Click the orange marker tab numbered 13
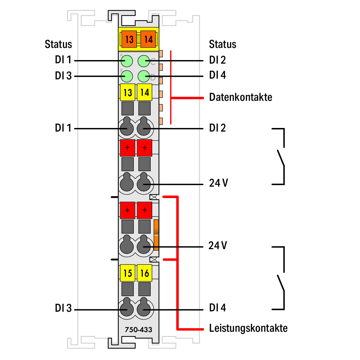coord(129,39)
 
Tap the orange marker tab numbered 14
coord(148,39)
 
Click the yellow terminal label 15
coord(128,273)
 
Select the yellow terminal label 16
coord(145,273)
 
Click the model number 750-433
coord(138,330)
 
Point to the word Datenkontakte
coord(241,97)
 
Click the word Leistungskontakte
coord(248,328)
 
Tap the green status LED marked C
coord(144,61)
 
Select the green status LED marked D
coord(144,76)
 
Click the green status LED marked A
coord(127,61)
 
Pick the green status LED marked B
coord(127,76)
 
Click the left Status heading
coord(58,44)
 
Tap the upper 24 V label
coord(218,183)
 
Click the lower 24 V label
coord(218,246)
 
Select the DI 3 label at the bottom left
coord(63,308)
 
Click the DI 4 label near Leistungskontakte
coord(218,308)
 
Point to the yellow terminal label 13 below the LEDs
coord(128,92)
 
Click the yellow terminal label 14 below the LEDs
coord(145,92)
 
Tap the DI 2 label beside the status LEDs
coord(218,60)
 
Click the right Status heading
coord(223,44)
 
